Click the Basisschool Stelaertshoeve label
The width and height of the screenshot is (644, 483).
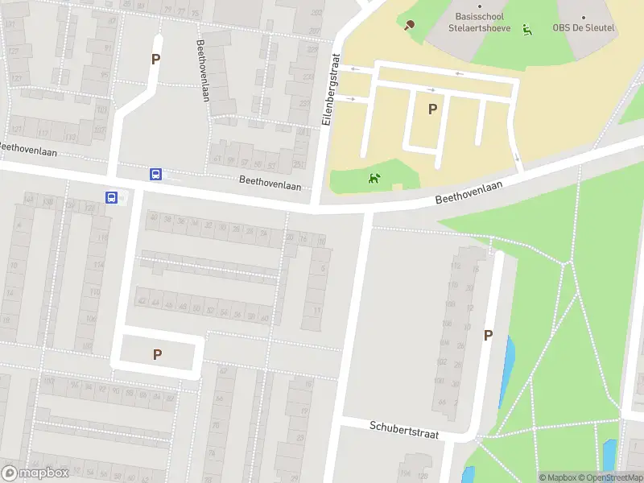(x=480, y=22)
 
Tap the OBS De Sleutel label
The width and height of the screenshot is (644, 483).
(x=583, y=27)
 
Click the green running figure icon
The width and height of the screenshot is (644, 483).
(x=527, y=31)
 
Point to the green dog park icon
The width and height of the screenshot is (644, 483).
(x=374, y=178)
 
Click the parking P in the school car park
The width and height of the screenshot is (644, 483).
(x=432, y=109)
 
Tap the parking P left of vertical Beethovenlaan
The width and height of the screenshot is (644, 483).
(x=155, y=59)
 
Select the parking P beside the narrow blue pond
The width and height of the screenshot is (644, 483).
(x=488, y=336)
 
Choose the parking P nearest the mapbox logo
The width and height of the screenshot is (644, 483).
(x=157, y=354)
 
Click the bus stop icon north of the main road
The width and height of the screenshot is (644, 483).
(x=155, y=174)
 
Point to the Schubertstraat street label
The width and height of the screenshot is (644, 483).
(x=404, y=430)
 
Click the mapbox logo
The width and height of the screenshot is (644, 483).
(x=35, y=473)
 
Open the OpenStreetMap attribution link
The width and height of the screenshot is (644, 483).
(x=613, y=477)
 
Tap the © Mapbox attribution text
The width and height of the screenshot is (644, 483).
(x=558, y=477)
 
